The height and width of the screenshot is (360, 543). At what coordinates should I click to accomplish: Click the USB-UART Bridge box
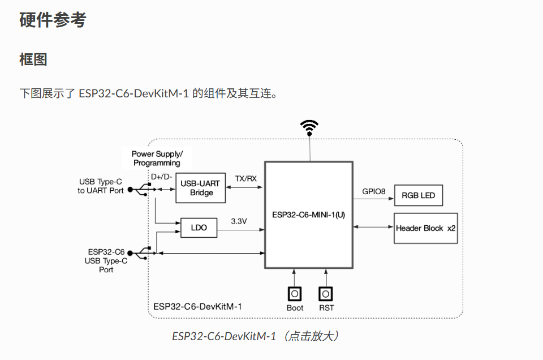pos(200,188)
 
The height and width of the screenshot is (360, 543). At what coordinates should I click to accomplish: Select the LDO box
pos(199,228)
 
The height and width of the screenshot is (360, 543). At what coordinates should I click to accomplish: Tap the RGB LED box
pos(419,195)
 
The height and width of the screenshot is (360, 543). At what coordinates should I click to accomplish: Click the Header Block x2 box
pos(425,228)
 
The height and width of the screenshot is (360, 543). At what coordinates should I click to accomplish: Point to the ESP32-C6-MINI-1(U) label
pos(309,215)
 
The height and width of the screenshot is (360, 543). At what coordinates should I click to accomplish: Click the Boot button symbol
pos(295,294)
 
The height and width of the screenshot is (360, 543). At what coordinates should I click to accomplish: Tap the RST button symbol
pos(326,294)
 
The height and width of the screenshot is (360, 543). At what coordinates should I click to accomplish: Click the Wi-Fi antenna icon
pos(309,128)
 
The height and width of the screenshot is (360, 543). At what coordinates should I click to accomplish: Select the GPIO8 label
pos(374,192)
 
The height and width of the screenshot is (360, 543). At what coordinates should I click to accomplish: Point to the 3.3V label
pos(239,221)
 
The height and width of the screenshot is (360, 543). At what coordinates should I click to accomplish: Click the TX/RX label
pos(246,178)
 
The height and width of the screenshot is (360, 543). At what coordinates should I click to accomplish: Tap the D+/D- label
pos(161,177)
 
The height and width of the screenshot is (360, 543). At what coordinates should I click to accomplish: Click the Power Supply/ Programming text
pos(157,158)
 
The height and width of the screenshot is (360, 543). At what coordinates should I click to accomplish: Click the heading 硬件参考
pos(53,19)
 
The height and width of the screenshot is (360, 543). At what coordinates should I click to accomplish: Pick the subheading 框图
pos(33,59)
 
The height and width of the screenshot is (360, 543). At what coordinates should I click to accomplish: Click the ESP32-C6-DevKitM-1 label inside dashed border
pos(197,307)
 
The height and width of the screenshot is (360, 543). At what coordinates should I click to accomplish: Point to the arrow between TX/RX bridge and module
pos(244,187)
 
